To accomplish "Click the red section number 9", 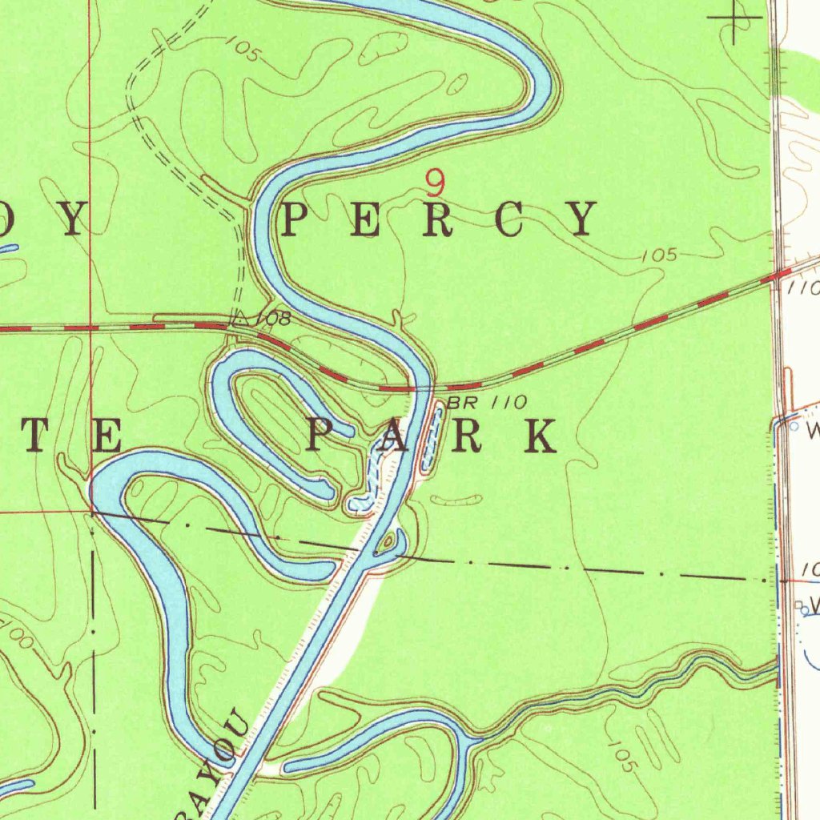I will (435, 183).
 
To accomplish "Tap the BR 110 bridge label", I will (487, 403).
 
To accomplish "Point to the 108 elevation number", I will (272, 319).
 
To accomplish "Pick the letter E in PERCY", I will (365, 219).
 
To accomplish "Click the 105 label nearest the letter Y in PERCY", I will (659, 256).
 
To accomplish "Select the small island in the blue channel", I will (388, 543).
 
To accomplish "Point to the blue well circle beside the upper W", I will (794, 427).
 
